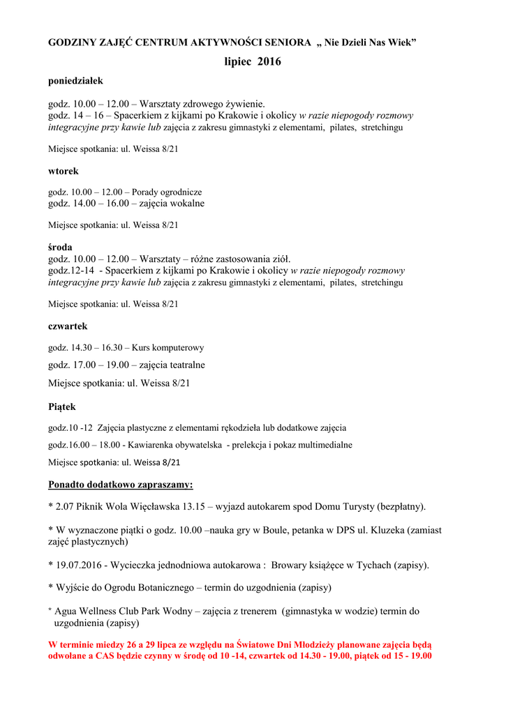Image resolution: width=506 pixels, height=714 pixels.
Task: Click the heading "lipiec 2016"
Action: (x=253, y=62)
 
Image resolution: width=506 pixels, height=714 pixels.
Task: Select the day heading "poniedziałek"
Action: (x=75, y=82)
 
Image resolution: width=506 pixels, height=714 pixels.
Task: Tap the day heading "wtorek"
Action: (x=64, y=171)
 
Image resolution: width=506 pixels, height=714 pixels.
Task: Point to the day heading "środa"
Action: (x=60, y=247)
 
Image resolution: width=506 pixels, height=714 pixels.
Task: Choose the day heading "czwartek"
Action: (x=68, y=326)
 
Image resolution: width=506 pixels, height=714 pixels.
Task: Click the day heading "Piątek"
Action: (x=62, y=407)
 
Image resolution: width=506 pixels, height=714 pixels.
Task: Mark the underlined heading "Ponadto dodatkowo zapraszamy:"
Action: (x=121, y=485)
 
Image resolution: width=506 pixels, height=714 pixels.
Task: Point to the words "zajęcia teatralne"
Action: (x=172, y=365)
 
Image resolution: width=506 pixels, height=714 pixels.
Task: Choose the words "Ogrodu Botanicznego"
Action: (x=147, y=588)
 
